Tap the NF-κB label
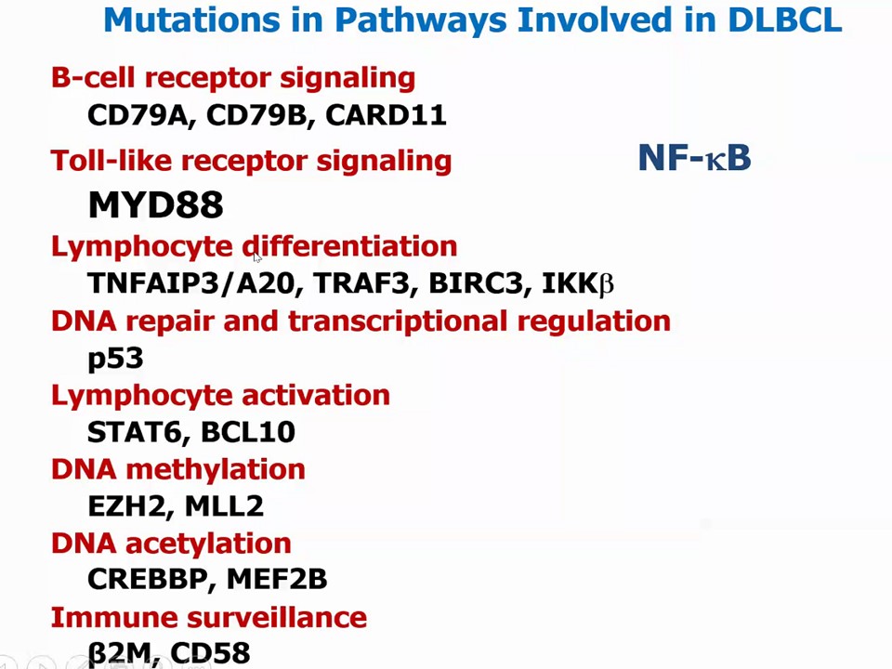tap(694, 158)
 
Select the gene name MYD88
tap(155, 204)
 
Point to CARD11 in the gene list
tap(386, 115)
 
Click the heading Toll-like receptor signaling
tap(251, 161)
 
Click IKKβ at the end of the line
tap(578, 283)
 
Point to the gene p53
tap(115, 358)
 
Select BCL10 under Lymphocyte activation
tap(248, 432)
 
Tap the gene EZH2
tap(126, 506)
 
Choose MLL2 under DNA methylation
tap(224, 506)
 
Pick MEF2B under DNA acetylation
tap(277, 580)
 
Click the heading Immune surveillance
tap(209, 617)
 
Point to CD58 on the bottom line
tap(210, 653)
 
